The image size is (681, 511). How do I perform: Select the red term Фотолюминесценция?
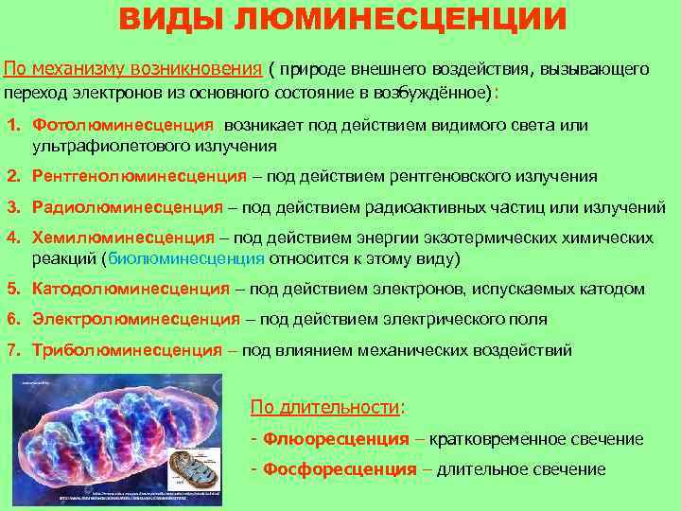(123, 125)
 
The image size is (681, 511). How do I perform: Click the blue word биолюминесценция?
(186, 258)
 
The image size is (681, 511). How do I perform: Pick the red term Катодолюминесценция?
(131, 289)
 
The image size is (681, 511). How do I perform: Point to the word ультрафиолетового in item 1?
(96, 146)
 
